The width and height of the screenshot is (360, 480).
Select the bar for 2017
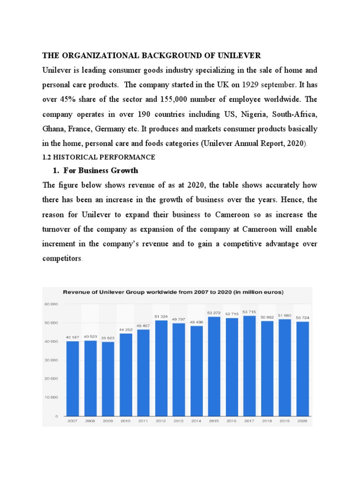tap(249, 366)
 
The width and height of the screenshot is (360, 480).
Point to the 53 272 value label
tap(213, 312)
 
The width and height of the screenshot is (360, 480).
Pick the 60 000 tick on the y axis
tap(51, 304)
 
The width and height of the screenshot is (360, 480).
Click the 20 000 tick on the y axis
tap(51, 379)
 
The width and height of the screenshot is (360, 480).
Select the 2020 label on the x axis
tap(302, 421)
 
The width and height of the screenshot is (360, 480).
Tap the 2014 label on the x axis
tap(196, 421)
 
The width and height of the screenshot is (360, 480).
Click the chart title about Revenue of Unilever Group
tap(173, 292)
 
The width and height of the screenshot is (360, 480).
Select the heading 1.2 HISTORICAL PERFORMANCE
tap(98, 157)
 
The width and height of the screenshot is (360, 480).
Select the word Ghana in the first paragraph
tap(53, 129)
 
